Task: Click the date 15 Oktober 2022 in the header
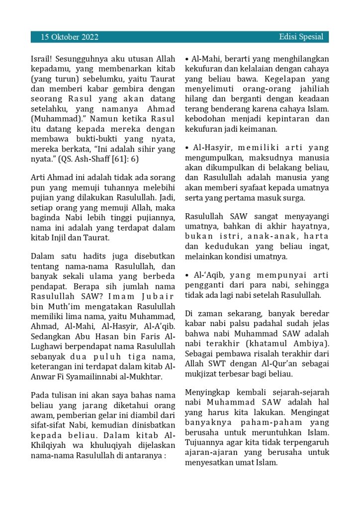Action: point(70,37)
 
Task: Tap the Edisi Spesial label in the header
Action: point(301,37)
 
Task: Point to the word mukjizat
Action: point(203,374)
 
